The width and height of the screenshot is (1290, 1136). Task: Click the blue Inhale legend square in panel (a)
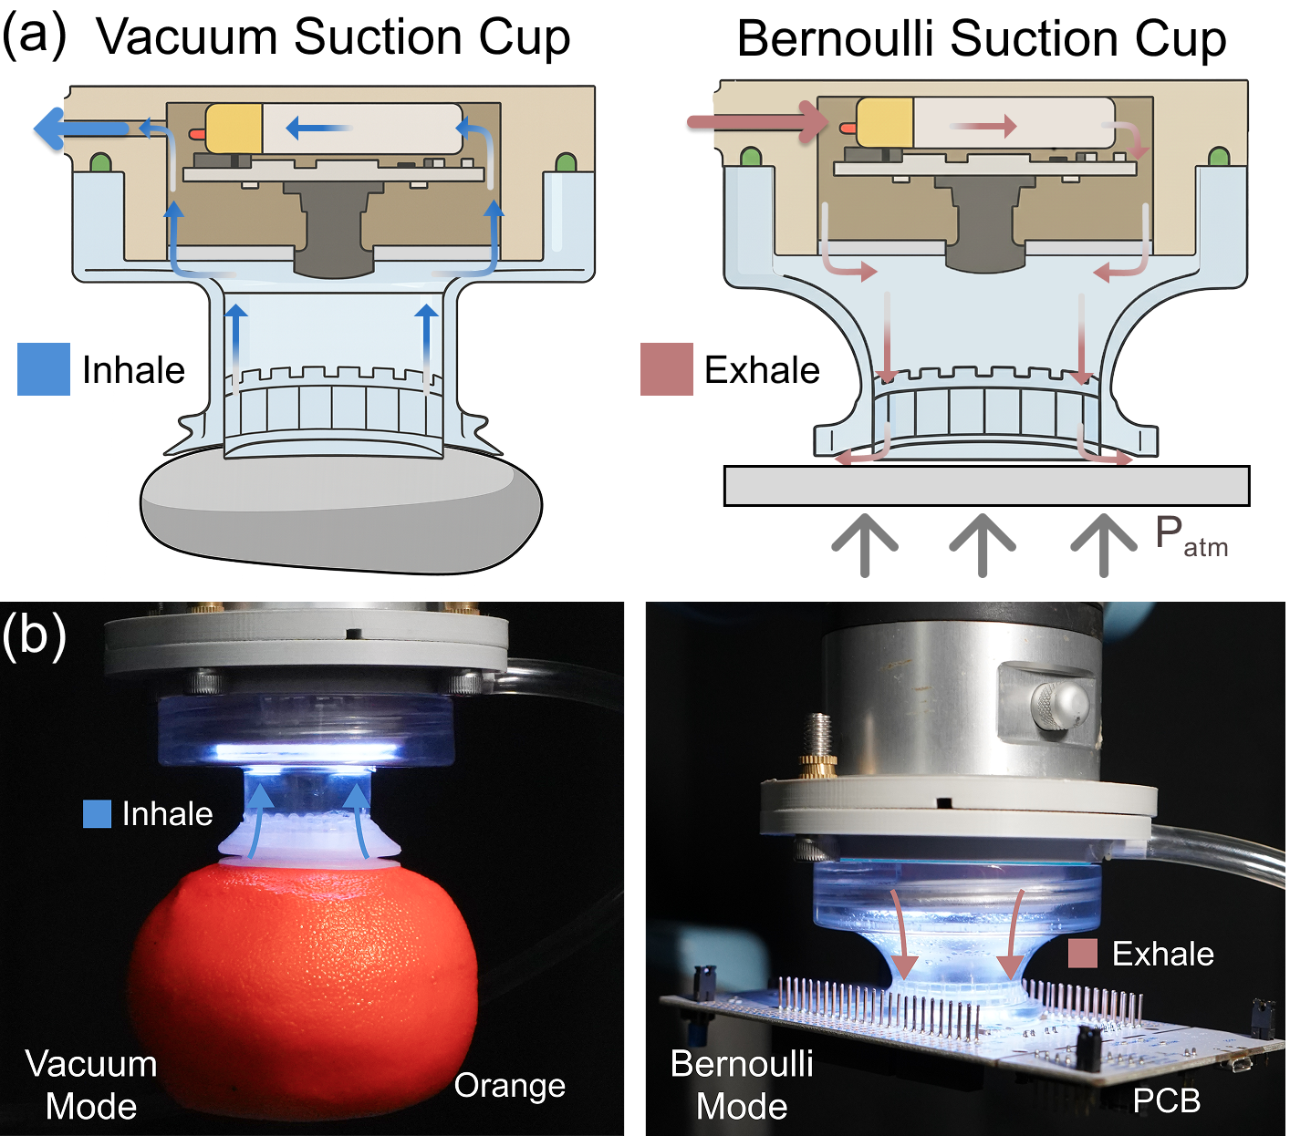[x=43, y=369]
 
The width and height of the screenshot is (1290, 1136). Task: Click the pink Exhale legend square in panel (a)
[x=666, y=369]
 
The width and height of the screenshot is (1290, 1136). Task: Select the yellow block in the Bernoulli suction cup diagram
[x=885, y=122]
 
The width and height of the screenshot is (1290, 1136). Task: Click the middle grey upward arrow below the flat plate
[x=983, y=544]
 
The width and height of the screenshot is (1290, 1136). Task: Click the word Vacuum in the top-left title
[x=187, y=38]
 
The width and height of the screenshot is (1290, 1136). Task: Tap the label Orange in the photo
[x=509, y=1085]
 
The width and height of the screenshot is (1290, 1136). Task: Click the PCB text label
[x=1166, y=1100]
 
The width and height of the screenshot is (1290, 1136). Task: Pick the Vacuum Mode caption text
[x=91, y=1085]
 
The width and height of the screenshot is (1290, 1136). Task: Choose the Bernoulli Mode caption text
[x=741, y=1085]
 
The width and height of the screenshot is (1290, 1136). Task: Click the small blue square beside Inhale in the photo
[x=97, y=813]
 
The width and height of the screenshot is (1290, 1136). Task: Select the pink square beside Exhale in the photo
[x=1082, y=954]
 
